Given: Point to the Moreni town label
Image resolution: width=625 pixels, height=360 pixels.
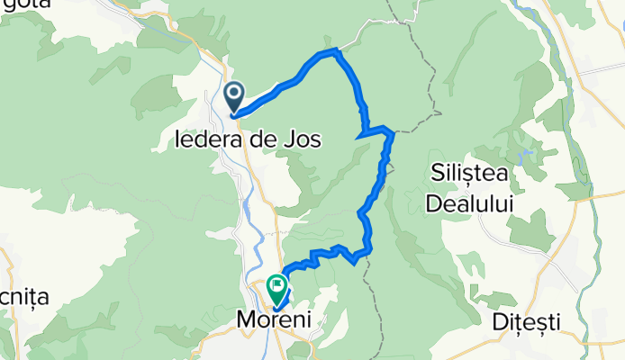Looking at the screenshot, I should [272, 319].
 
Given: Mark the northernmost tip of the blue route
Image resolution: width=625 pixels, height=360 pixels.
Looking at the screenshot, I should [336, 49].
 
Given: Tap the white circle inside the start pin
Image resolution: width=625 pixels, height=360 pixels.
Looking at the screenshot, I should [235, 93].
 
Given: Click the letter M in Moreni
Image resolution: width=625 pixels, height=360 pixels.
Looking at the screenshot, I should [243, 319].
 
